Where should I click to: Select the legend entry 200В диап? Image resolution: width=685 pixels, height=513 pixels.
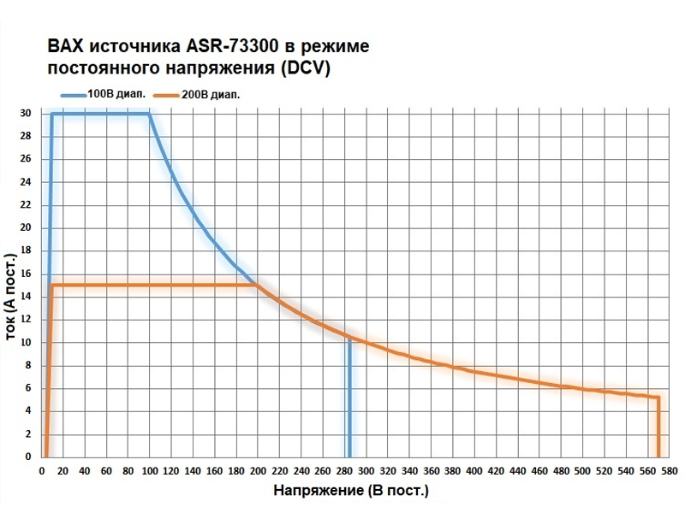pyautogui.click(x=211, y=95)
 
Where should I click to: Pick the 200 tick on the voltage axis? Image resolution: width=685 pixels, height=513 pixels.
pyautogui.click(x=258, y=471)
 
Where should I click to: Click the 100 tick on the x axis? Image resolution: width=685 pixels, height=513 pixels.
pyautogui.click(x=149, y=471)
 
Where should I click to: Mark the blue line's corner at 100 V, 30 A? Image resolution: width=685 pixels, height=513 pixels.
pyautogui.click(x=150, y=114)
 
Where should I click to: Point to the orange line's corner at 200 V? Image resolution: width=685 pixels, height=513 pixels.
pyautogui.click(x=258, y=285)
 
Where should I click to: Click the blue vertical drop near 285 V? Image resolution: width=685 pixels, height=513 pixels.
pyautogui.click(x=349, y=402)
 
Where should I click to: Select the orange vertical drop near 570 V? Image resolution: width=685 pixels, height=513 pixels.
pyautogui.click(x=658, y=427)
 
